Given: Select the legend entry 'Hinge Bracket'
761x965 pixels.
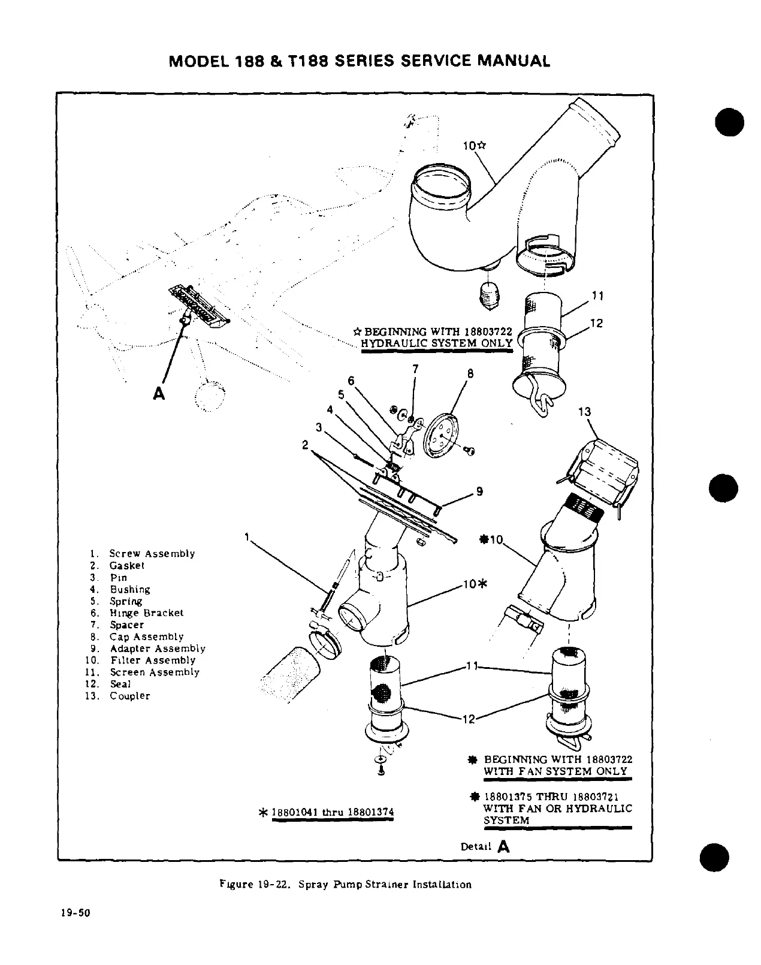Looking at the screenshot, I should pos(146,613).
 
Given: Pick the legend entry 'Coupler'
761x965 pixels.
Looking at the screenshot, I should pos(129,696).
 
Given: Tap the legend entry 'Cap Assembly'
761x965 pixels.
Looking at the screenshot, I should pos(146,637).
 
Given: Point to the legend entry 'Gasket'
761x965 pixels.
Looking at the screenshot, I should pos(126,565).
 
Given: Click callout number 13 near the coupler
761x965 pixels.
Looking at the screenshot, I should pos(584,412).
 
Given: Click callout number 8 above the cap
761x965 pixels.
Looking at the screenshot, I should pos(470,373).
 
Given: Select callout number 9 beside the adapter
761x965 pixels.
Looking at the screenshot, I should pos(479,491).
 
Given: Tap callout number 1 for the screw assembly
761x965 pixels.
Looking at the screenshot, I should pos(247,537).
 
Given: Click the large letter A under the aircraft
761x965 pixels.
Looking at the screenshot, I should pos(159,393).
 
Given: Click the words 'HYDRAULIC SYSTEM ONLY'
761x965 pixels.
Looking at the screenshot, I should pos(436,343).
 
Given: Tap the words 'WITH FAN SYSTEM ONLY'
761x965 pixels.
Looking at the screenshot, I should pos(555,771).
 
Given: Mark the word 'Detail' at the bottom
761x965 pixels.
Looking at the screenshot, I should pos(476,846).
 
